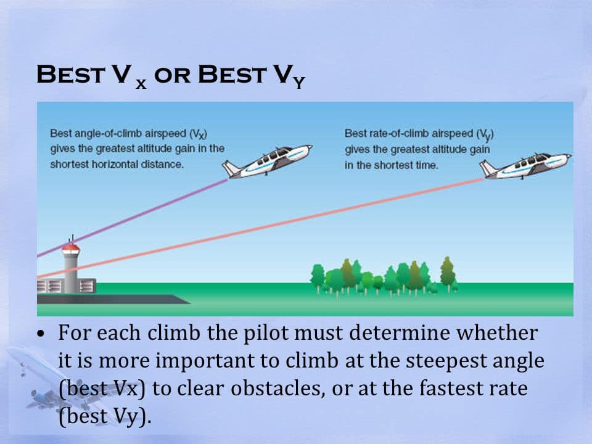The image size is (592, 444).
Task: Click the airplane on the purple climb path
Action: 269,162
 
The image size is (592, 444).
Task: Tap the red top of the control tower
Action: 71,249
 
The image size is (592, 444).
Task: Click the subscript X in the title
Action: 141,84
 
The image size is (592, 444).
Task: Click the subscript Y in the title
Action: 298,83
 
